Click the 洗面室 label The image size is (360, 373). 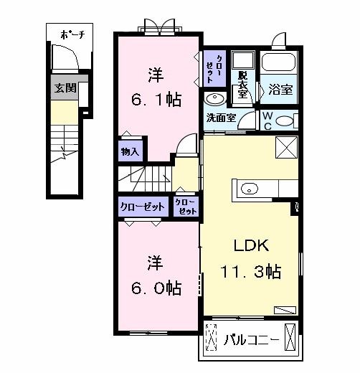[x=222, y=118]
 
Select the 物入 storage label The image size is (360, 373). [x=130, y=152]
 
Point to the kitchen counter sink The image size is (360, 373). [x=249, y=189]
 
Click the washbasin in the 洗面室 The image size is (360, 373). [x=214, y=99]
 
